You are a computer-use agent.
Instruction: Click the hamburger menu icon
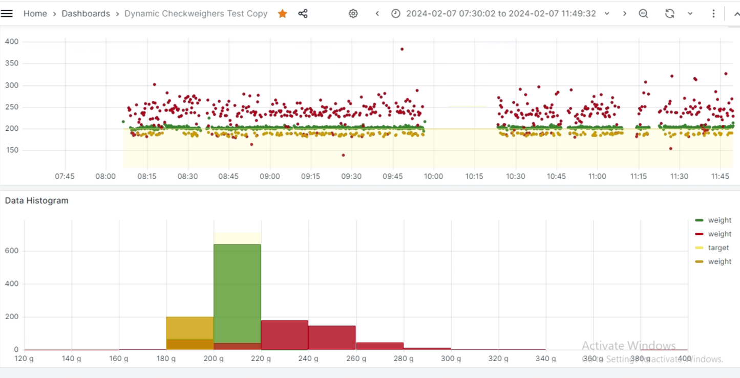tap(7, 13)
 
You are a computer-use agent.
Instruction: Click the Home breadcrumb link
tap(35, 14)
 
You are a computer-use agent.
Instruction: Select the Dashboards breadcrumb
tap(86, 14)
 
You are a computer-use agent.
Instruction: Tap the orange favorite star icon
tap(282, 14)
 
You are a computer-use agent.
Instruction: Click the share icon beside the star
tap(303, 14)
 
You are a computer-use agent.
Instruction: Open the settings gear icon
tap(353, 14)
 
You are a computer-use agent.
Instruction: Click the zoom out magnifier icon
tap(643, 14)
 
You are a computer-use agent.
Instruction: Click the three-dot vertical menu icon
tap(713, 14)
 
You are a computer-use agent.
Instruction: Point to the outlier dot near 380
tap(402, 49)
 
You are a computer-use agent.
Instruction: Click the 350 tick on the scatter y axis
tap(12, 63)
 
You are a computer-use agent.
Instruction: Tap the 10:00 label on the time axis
tap(433, 176)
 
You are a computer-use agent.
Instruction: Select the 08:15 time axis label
tap(146, 176)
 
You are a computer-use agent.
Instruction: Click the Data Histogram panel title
tap(36, 201)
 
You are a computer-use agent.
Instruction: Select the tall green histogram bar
tap(237, 292)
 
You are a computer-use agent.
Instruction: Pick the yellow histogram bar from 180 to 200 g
tap(189, 327)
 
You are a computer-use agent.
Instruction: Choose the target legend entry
tap(718, 248)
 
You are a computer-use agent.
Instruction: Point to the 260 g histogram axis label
tap(356, 359)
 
